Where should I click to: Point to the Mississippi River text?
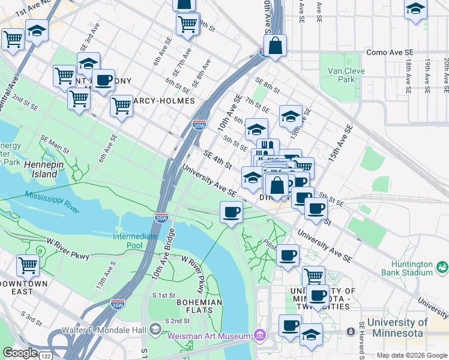[x=52, y=202]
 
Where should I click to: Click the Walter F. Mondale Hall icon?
[x=155, y=328]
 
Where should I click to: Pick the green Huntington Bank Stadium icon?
[x=442, y=266]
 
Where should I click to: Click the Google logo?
[x=20, y=353]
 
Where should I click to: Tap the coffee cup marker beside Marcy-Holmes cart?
[x=103, y=80]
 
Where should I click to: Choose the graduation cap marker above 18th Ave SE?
[x=415, y=10]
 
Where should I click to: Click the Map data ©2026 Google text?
[x=411, y=355]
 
